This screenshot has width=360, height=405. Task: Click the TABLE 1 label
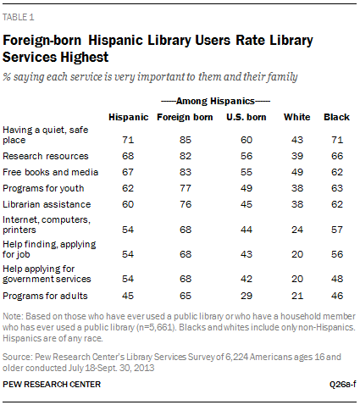pos(19,17)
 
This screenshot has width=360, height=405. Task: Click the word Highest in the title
pos(85,57)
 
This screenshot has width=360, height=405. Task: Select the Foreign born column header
pos(185,117)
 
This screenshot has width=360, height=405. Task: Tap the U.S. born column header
pos(246,117)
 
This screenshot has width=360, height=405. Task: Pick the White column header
pos(297,117)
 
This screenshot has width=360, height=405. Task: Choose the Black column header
pos(336,117)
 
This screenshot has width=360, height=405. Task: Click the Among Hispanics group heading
pos(215,101)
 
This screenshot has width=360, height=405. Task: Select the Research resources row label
pos(46,156)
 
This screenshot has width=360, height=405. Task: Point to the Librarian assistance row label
pos(47,204)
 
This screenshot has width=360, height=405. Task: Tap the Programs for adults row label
pos(45,296)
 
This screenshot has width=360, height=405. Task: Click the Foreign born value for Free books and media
pos(186,172)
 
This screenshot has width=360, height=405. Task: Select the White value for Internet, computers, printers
pos(297,230)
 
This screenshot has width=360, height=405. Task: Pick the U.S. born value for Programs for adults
pos(246,296)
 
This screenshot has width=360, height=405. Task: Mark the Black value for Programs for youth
pos(337,188)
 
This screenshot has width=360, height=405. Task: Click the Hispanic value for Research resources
pos(128,156)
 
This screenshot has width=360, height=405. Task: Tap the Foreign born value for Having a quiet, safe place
pos(186,140)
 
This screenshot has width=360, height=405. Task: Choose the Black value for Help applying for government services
pos(337,279)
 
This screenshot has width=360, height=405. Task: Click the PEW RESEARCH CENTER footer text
pos(52,385)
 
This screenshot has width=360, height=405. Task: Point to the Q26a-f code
pos(343,385)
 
